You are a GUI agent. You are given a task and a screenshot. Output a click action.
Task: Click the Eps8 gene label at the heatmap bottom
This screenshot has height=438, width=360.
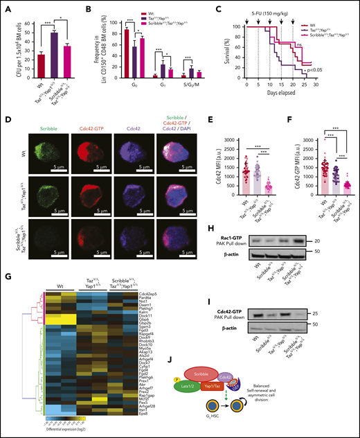(153, 413)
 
